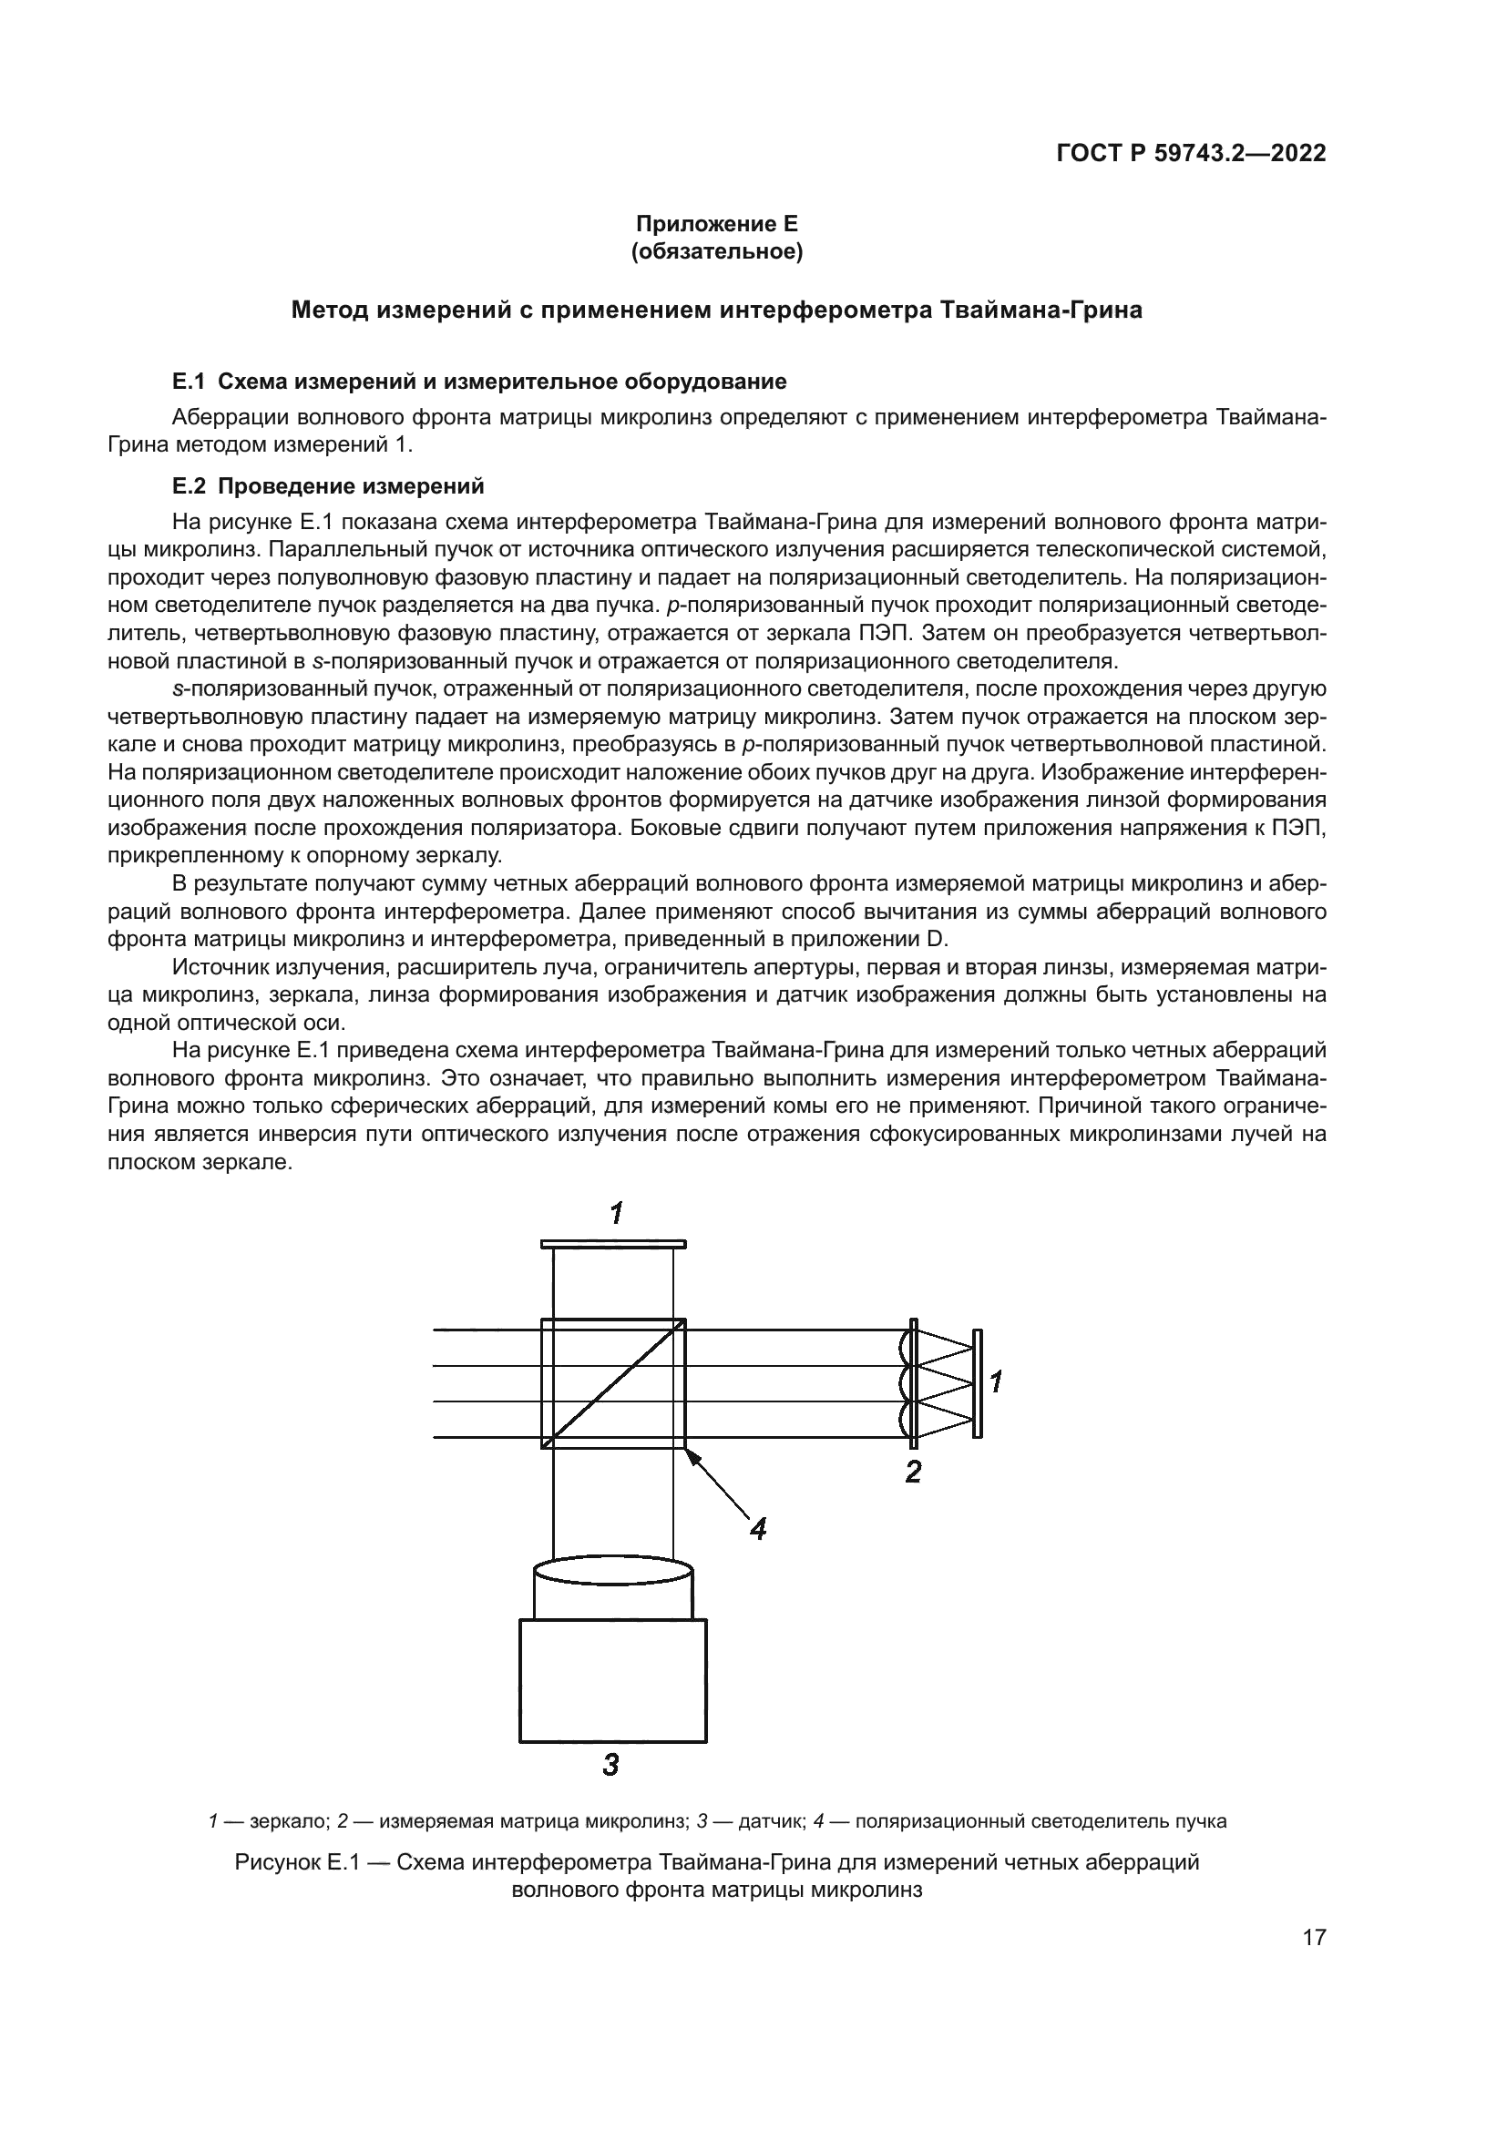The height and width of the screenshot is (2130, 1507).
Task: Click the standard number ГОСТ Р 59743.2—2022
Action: point(1191,154)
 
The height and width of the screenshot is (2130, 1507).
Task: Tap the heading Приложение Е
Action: point(716,224)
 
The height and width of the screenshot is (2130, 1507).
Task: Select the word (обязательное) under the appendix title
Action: point(716,251)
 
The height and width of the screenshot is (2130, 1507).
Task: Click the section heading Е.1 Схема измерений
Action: point(479,382)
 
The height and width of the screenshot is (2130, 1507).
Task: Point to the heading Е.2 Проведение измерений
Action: point(329,486)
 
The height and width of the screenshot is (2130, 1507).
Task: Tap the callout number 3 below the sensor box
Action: point(610,1764)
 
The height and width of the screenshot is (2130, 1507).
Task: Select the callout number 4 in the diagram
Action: point(758,1528)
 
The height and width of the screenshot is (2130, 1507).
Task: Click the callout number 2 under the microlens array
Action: point(913,1472)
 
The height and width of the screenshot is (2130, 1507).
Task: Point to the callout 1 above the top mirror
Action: point(615,1212)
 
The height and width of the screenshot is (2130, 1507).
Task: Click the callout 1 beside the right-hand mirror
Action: point(996,1382)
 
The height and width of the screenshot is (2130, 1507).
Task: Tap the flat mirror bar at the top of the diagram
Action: point(613,1243)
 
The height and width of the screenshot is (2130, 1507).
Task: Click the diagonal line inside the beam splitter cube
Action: point(613,1382)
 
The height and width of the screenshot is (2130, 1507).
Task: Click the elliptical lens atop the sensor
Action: point(613,1572)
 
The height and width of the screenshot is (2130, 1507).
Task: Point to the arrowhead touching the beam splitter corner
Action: point(692,1455)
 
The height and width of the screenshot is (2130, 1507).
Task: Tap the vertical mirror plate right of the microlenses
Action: point(977,1382)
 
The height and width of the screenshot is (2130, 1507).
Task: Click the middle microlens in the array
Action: point(906,1383)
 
